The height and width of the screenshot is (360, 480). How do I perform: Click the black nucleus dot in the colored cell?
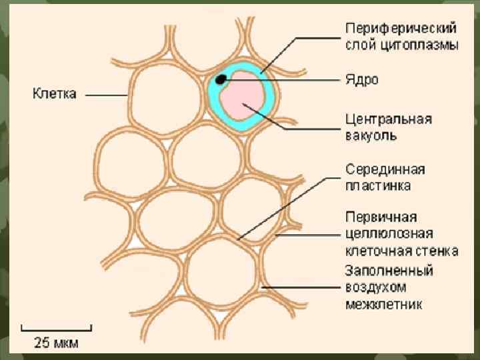[221, 79]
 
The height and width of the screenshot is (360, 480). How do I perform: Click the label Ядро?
[362, 79]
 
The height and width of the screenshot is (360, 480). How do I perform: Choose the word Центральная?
[388, 120]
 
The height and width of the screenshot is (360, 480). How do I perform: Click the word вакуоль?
[371, 135]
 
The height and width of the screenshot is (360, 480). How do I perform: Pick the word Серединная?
[385, 169]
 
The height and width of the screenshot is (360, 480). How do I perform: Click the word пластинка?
[378, 185]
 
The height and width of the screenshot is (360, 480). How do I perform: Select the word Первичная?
[381, 217]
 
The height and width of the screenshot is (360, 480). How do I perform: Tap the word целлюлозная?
[389, 233]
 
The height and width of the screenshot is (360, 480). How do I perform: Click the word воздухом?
[375, 288]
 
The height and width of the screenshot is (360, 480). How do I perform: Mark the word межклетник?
[383, 304]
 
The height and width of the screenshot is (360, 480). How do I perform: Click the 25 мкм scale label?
[56, 343]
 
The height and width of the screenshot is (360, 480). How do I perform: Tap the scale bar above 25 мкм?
[56, 327]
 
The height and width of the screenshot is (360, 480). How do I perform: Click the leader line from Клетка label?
[107, 95]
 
